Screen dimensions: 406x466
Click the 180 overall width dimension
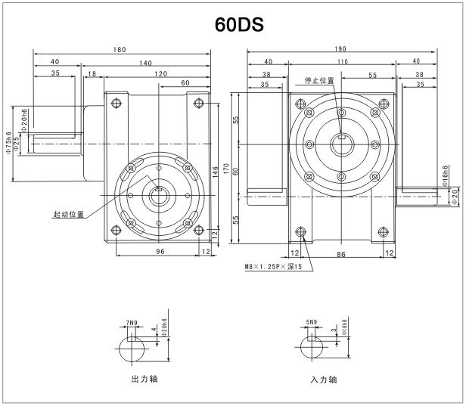pos(120,51)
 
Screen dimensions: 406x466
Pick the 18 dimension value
pos(92,74)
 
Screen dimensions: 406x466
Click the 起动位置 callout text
pos(68,214)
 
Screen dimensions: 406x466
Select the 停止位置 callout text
pos(318,80)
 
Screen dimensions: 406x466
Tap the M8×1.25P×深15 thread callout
pos(273,267)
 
